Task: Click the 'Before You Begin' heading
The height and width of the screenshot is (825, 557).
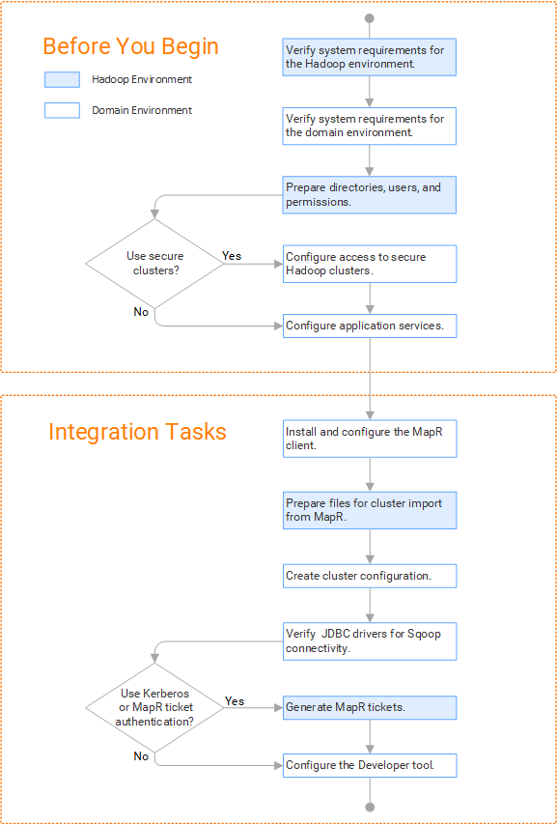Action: click(130, 46)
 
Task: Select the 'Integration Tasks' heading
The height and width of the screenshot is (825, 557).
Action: click(137, 432)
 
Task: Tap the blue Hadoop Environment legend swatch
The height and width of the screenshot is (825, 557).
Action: click(62, 79)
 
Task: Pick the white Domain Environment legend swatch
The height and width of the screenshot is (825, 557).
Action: click(62, 110)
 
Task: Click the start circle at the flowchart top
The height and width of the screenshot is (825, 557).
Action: click(370, 18)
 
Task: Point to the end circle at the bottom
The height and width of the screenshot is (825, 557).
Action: click(370, 807)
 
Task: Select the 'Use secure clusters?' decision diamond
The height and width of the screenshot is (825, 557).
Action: click(154, 263)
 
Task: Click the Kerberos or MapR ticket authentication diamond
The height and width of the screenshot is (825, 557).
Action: click(154, 707)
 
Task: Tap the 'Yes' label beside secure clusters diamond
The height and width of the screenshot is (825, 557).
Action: click(232, 256)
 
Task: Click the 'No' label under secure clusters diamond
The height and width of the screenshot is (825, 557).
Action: click(141, 312)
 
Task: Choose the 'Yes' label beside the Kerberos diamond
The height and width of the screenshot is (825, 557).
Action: click(235, 700)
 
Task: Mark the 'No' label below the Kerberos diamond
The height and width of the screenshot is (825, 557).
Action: click(141, 756)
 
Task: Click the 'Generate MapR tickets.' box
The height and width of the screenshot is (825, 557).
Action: click(370, 708)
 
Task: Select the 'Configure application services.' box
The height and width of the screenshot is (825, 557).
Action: click(370, 326)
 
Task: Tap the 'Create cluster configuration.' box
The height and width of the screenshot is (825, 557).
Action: click(370, 576)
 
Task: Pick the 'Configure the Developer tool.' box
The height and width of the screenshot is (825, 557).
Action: click(370, 765)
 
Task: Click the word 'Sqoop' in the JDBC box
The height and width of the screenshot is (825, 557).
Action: click(424, 634)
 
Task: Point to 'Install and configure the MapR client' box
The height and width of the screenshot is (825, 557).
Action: click(370, 439)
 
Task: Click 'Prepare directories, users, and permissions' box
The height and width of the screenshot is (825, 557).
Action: click(370, 195)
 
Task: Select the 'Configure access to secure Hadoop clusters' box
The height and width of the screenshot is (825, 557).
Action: click(370, 264)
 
